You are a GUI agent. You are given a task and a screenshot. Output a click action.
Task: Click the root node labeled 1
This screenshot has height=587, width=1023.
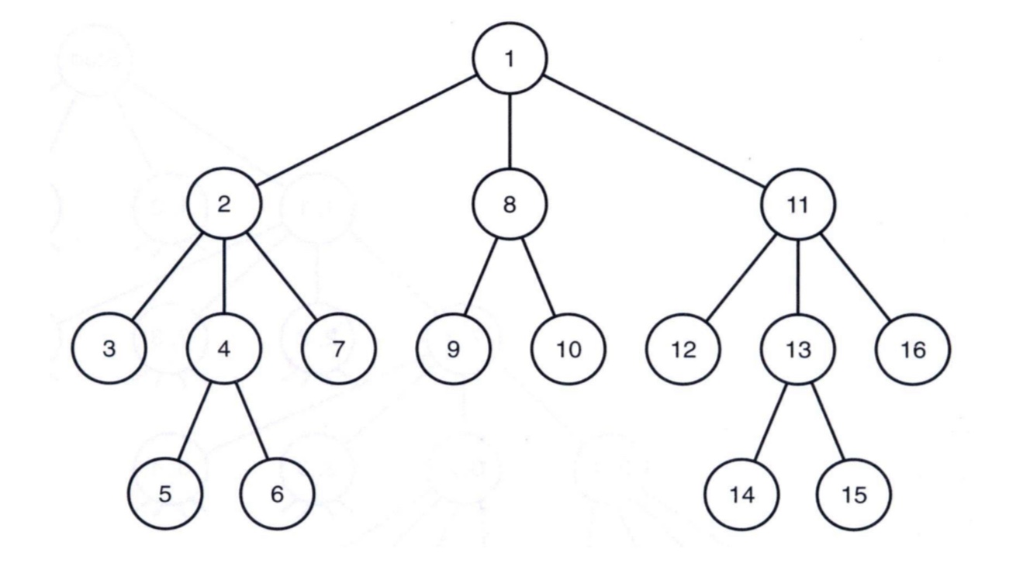[x=510, y=58]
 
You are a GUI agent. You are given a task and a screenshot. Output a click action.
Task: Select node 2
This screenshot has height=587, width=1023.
[x=224, y=205]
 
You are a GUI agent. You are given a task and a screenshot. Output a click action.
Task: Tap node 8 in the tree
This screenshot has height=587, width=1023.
[x=510, y=205]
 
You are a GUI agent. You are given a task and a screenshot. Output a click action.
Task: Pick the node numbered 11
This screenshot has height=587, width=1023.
[x=797, y=205]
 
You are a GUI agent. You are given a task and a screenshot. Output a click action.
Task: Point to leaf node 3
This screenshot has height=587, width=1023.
[x=109, y=348]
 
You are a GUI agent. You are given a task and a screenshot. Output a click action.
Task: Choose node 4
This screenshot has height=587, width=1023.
[x=224, y=348]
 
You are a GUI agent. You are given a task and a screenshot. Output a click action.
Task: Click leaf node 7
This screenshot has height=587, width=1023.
[x=338, y=348]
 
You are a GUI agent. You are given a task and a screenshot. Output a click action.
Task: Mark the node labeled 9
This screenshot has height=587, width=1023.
[x=454, y=348]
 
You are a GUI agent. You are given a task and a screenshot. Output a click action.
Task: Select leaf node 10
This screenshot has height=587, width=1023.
[x=568, y=348]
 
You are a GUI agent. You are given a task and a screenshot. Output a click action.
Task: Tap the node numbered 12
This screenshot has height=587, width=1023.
[x=683, y=348]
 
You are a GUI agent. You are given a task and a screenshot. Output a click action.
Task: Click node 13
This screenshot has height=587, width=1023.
[x=797, y=348]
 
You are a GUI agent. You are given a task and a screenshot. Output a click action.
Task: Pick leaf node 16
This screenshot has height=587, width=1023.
[x=912, y=348]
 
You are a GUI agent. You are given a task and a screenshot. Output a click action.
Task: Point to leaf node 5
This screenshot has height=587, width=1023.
[x=166, y=494]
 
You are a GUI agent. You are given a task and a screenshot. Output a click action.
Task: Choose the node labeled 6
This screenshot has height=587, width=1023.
[x=278, y=494]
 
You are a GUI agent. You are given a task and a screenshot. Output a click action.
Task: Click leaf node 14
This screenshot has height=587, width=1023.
[x=741, y=494]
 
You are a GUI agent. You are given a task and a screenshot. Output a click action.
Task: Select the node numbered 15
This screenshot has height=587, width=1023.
[x=854, y=494]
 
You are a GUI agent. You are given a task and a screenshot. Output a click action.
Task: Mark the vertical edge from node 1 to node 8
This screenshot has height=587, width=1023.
[x=510, y=132]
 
